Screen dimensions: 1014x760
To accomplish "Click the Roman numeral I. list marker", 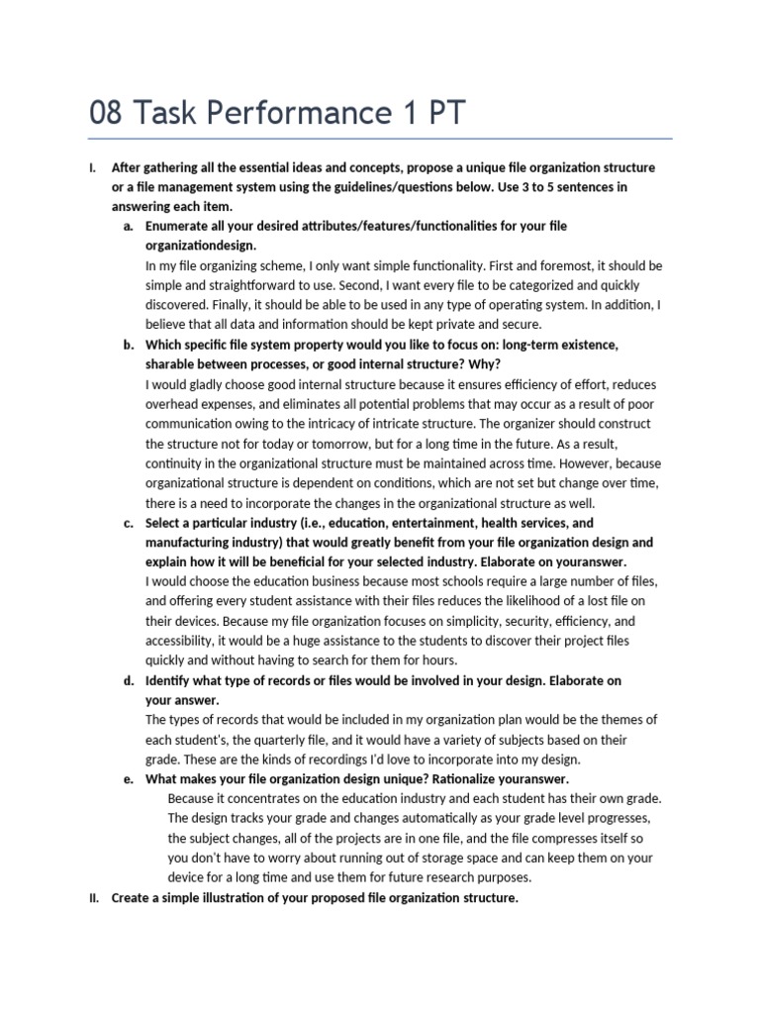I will (92, 167).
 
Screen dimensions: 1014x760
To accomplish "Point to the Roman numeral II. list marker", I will (94, 898).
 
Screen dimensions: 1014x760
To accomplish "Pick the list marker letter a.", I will (129, 227).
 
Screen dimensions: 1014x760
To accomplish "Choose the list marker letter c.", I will (129, 523).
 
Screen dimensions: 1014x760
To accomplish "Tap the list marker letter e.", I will (129, 779).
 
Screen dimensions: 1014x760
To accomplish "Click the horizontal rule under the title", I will (380, 139).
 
